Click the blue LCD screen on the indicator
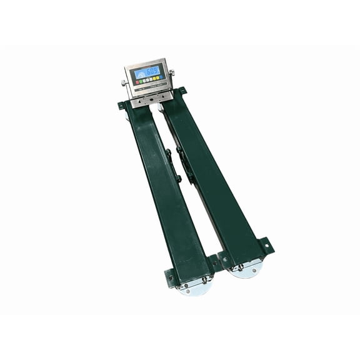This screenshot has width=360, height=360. tap(148, 73)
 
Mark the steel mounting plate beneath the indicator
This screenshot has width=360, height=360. tap(150, 98)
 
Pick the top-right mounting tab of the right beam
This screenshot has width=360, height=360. tap(182, 91)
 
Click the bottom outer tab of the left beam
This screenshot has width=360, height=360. tap(169, 275)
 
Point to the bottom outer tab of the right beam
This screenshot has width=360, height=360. tap(268, 246)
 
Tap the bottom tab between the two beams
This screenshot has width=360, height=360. tap(214, 260)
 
